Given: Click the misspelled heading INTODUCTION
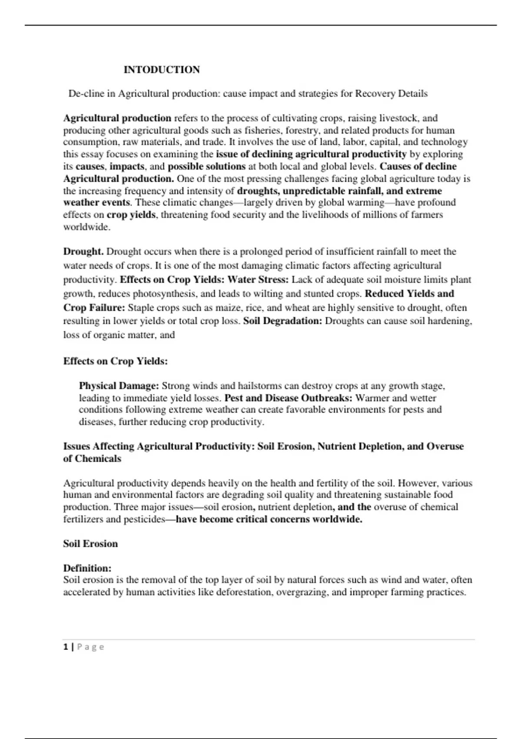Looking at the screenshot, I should tap(161, 70).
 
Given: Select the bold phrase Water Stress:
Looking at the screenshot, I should tap(258, 280).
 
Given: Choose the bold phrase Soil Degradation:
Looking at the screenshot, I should tap(283, 321).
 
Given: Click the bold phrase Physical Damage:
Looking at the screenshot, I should tap(119, 386).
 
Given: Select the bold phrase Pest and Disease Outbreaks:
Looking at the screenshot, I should tap(288, 398).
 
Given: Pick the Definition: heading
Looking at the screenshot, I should tap(87, 568).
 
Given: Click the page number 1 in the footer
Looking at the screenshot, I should tap(66, 647).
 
